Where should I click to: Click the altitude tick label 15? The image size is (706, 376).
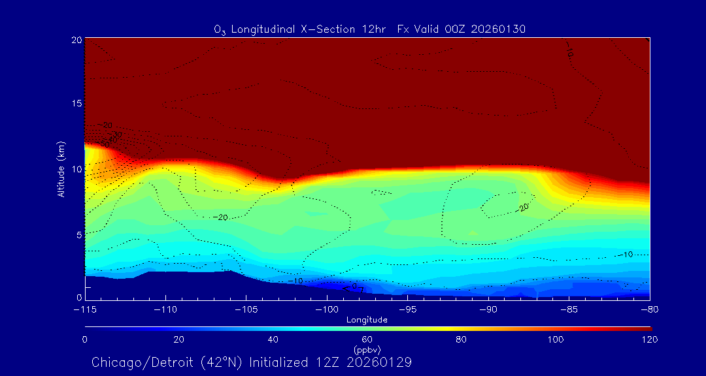pyautogui.click(x=75, y=104)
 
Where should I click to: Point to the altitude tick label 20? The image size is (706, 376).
pyautogui.click(x=75, y=40)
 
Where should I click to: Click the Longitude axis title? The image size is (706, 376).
pyautogui.click(x=367, y=320)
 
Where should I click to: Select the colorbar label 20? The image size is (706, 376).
pyautogui.click(x=178, y=339)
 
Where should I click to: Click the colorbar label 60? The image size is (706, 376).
pyautogui.click(x=367, y=339)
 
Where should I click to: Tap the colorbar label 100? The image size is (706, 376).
pyautogui.click(x=556, y=339)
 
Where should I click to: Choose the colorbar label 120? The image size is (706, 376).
pyautogui.click(x=650, y=339)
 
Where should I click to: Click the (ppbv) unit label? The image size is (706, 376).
pyautogui.click(x=367, y=349)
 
